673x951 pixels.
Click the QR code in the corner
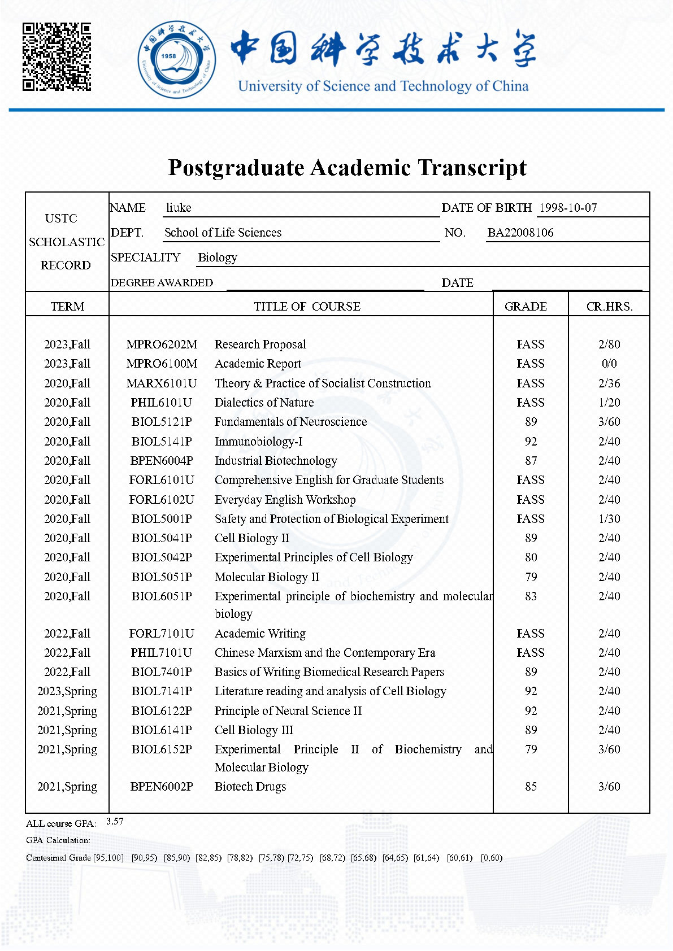(57, 56)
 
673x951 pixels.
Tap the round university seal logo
(176, 60)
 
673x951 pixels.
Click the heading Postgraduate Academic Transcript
(347, 168)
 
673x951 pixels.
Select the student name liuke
(179, 208)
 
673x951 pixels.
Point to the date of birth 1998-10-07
(568, 208)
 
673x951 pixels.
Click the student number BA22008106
(520, 233)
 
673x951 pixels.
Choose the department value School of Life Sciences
(223, 233)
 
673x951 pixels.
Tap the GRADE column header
(526, 307)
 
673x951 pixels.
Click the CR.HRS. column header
(609, 307)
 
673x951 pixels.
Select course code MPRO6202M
(162, 344)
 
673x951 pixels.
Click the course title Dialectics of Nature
(264, 403)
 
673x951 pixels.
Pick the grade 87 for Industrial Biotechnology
(531, 461)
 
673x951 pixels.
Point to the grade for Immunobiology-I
(531, 442)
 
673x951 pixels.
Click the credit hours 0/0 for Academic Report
(609, 364)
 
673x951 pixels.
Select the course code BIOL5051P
(162, 577)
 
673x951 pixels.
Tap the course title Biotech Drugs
(250, 787)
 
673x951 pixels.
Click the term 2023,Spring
(67, 691)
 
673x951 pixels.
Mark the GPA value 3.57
(115, 822)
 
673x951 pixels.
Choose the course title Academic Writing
(260, 634)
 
